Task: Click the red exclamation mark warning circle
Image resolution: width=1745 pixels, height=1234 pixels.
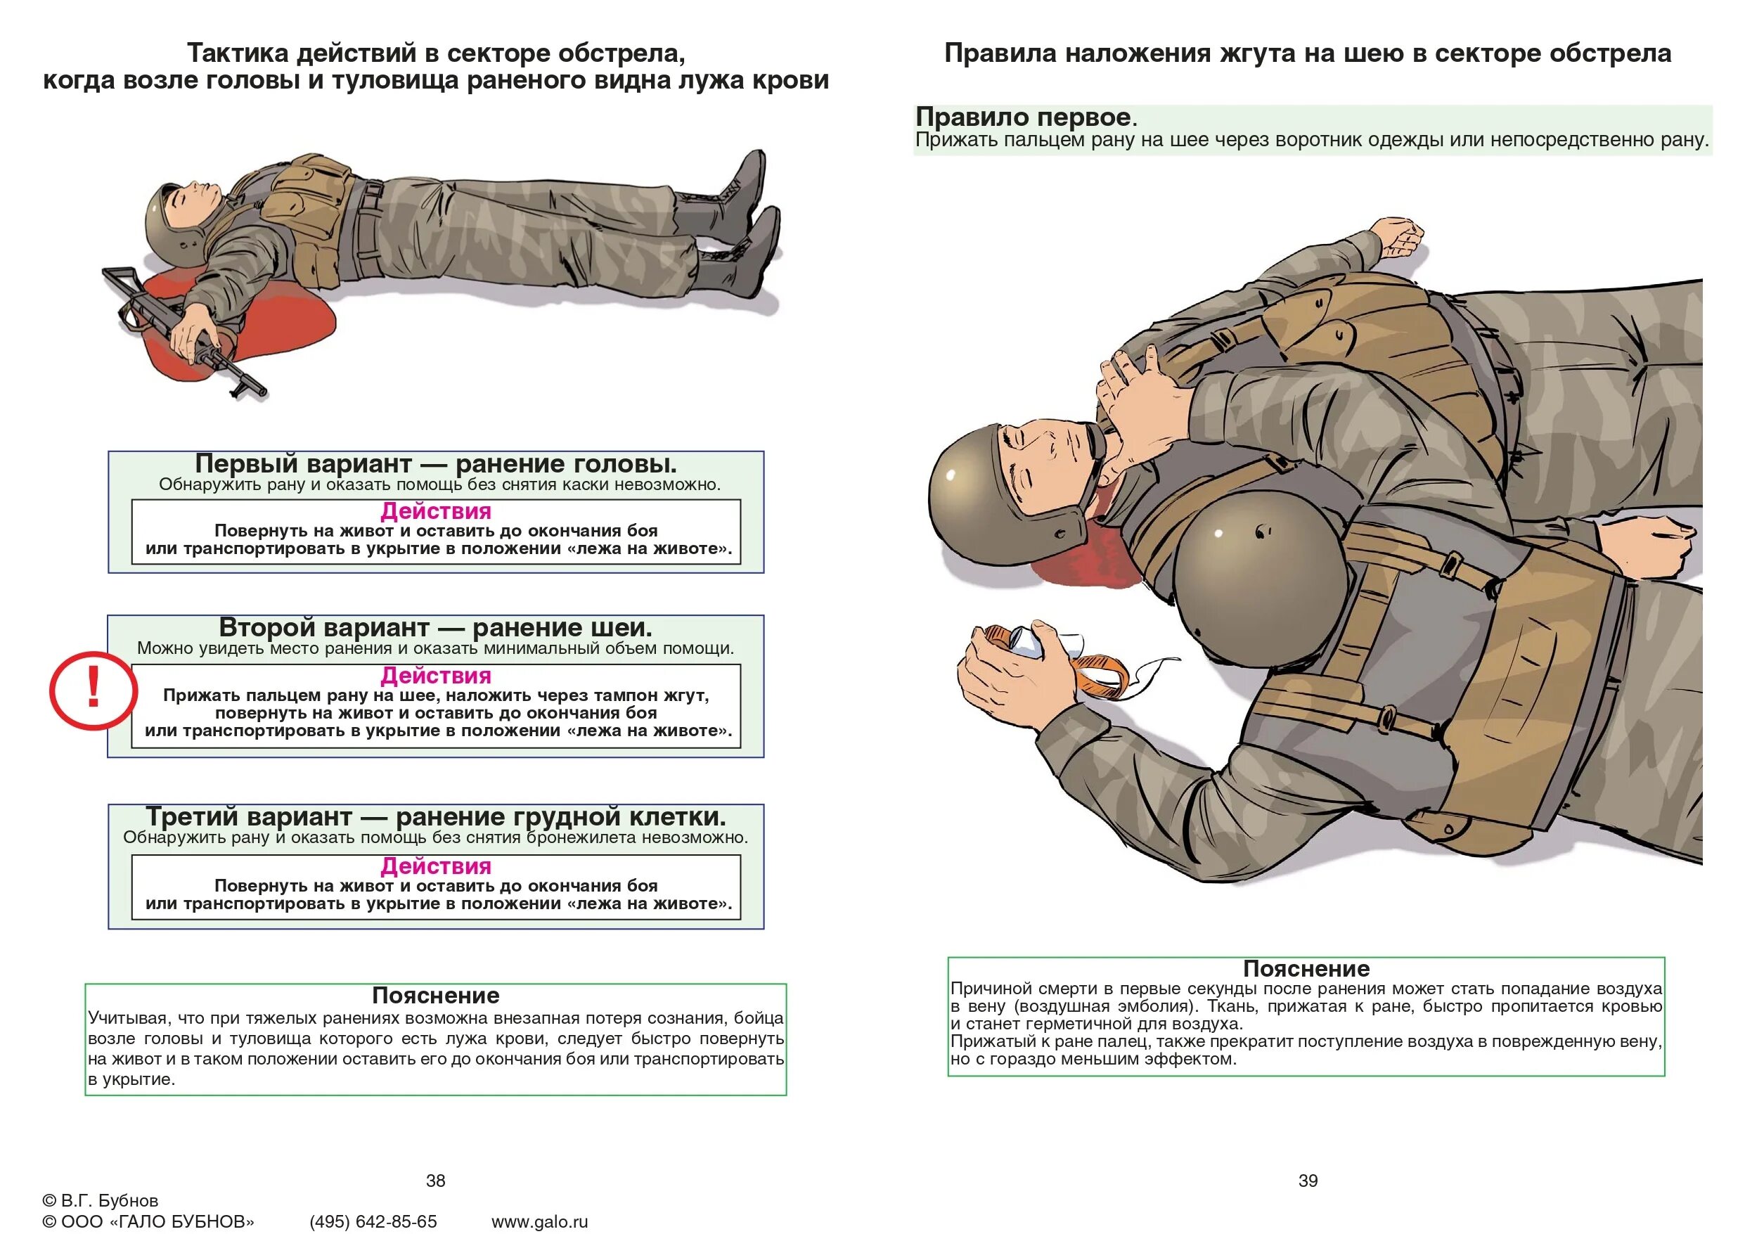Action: pos(93,690)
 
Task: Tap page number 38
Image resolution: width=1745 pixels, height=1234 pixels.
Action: pos(435,1180)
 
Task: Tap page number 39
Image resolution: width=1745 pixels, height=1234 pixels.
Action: pos(1308,1180)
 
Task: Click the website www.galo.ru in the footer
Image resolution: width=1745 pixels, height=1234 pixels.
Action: pos(540,1221)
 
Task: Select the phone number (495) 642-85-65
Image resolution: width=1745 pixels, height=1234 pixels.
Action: pos(373,1221)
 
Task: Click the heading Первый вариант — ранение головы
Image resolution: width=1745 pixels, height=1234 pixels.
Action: pos(435,463)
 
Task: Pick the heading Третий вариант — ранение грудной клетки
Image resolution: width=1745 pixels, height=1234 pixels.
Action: pos(435,816)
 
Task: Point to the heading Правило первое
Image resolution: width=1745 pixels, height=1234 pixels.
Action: pos(1023,117)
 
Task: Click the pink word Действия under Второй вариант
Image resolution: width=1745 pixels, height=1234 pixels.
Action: pos(435,675)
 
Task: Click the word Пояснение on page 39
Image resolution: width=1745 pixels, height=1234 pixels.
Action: pos(1306,969)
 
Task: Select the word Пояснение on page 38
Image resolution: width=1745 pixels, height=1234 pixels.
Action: pos(435,995)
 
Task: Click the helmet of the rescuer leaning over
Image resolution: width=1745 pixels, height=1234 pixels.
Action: pos(1247,586)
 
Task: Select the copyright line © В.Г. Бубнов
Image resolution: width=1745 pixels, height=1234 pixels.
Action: pos(101,1200)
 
